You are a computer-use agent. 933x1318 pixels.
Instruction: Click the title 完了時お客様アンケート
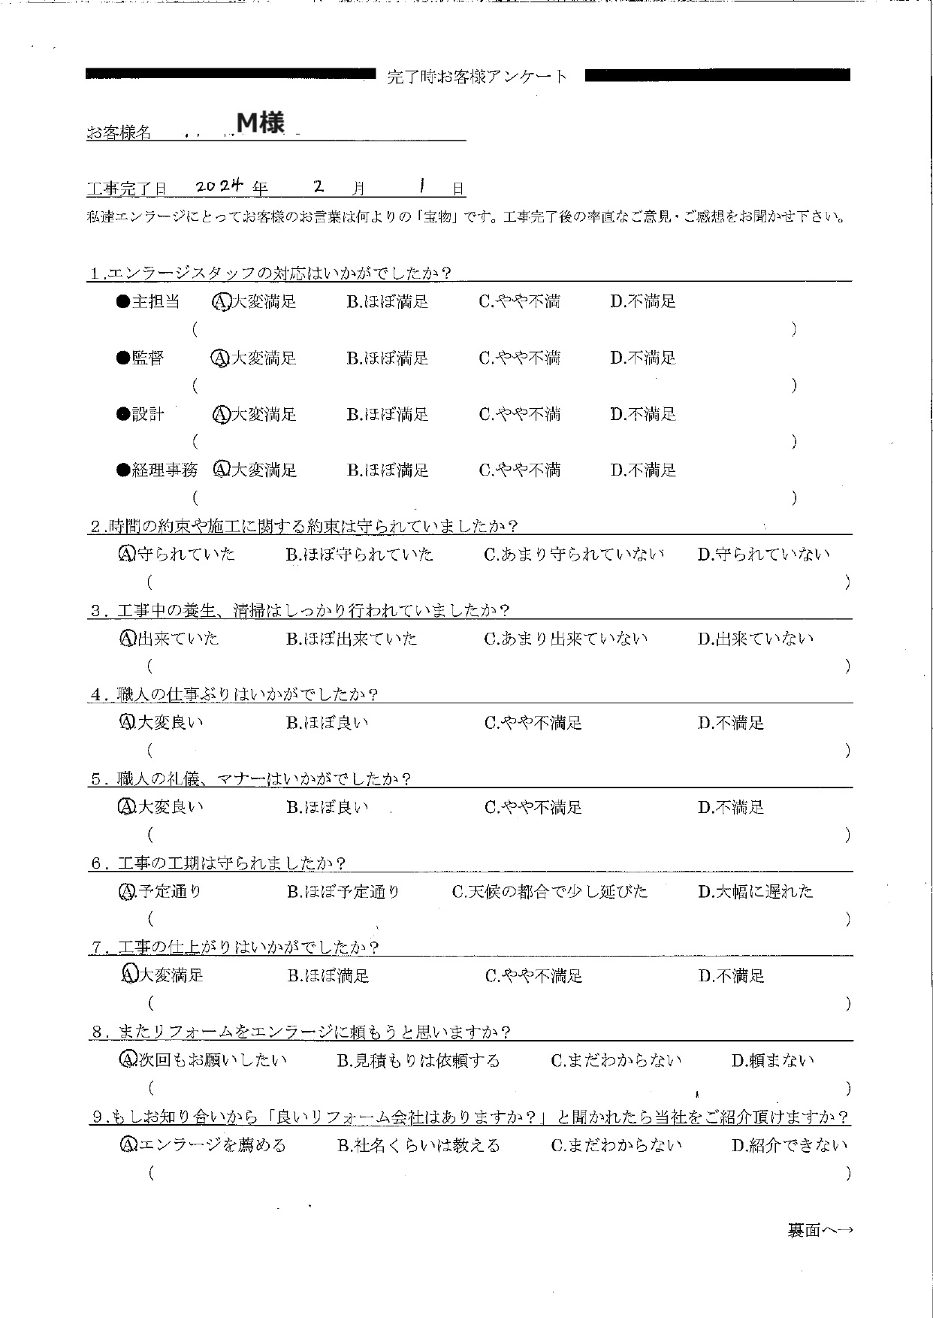[478, 77]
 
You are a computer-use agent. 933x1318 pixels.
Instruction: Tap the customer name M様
[261, 122]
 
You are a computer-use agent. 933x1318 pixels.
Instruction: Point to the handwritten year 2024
[219, 186]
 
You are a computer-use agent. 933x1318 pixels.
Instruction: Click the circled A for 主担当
[221, 302]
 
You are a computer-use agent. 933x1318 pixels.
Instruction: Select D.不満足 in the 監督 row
[643, 358]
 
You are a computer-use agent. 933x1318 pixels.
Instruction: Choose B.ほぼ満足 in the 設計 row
[388, 415]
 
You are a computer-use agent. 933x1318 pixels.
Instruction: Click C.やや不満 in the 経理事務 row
[520, 471]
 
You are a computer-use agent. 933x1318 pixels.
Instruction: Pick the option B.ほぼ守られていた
[360, 555]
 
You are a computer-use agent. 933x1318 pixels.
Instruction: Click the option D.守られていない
[764, 555]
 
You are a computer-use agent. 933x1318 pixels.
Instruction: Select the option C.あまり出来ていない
[566, 639]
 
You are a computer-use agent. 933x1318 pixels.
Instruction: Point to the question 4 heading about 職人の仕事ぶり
[234, 695]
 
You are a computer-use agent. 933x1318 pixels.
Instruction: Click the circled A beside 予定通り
[127, 893]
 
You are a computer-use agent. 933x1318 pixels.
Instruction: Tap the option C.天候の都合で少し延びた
[550, 893]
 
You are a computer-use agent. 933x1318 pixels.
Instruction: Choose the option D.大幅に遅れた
[756, 893]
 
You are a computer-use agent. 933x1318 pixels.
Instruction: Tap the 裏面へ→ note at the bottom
[820, 1231]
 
